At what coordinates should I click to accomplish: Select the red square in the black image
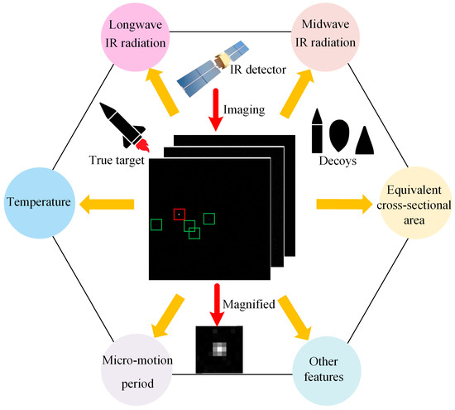pos(178,215)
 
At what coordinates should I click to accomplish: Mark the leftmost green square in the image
pos(156,224)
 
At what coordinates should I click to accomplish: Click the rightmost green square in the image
pos(208,218)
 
